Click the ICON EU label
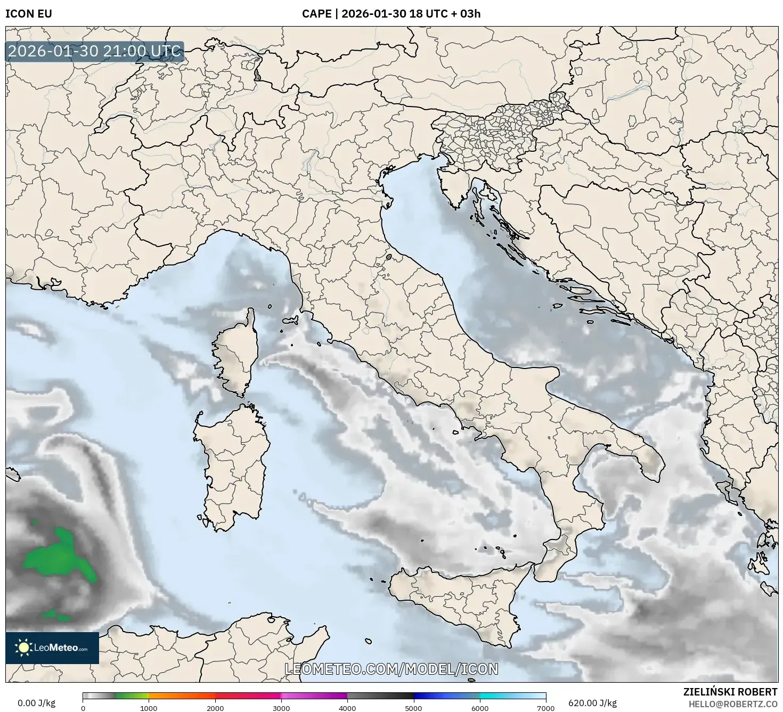[x=29, y=14]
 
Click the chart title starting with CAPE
[x=391, y=14]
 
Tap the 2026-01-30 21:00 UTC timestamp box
[x=95, y=52]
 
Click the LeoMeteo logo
[x=52, y=648]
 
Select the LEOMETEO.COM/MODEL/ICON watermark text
[x=391, y=669]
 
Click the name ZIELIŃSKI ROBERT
[x=730, y=692]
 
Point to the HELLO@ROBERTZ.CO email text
[x=733, y=703]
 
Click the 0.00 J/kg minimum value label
[x=36, y=703]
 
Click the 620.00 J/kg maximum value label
[x=592, y=703]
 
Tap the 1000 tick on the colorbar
[x=149, y=708]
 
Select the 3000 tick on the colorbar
[x=281, y=708]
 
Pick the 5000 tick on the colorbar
[x=414, y=708]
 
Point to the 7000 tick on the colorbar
[x=546, y=708]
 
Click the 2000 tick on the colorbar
[x=215, y=708]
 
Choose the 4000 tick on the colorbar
[x=347, y=708]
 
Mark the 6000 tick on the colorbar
[x=480, y=708]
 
